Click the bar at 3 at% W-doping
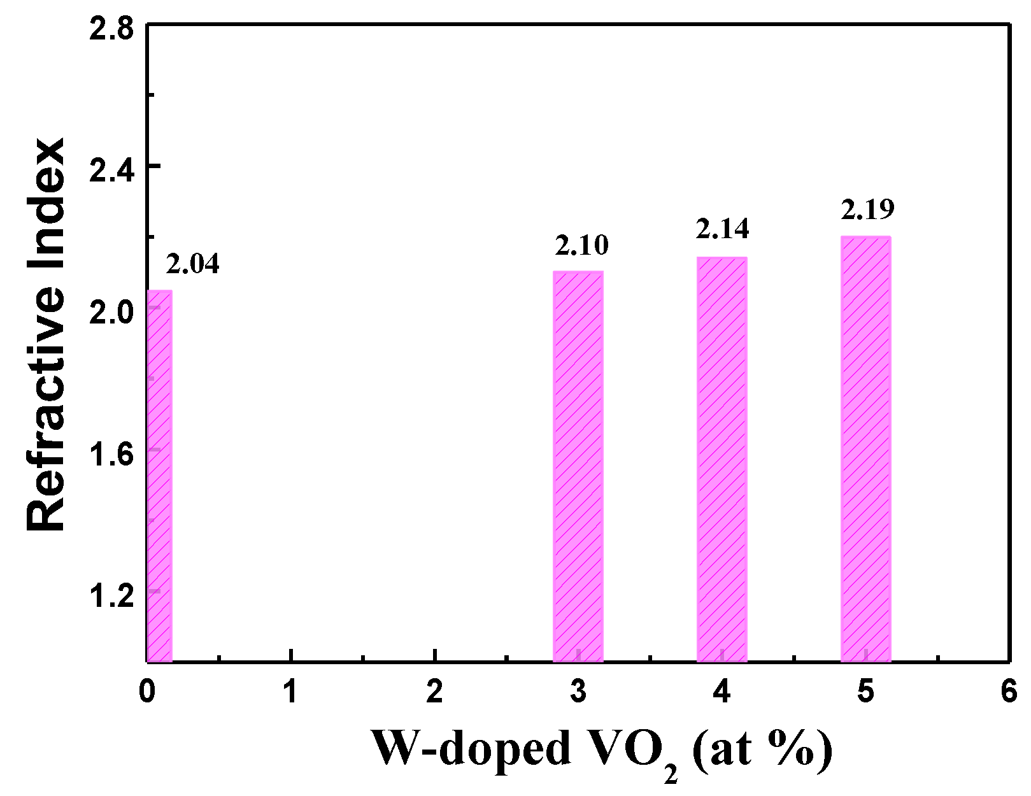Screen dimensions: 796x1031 [x=578, y=466]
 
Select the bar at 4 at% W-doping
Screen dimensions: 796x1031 [x=722, y=459]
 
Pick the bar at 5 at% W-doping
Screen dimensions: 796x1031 [x=865, y=449]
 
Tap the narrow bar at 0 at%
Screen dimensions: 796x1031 [x=159, y=476]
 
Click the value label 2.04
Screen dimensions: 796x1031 [x=193, y=264]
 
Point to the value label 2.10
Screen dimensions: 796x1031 [x=581, y=245]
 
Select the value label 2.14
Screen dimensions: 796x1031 [x=722, y=229]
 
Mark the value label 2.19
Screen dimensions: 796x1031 [x=867, y=209]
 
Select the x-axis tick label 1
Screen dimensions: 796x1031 [x=290, y=692]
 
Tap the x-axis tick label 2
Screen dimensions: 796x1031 [x=434, y=692]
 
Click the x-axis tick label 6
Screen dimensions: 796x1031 [x=1009, y=692]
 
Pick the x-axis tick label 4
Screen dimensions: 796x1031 [x=722, y=692]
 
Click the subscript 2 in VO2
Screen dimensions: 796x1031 [x=670, y=773]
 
